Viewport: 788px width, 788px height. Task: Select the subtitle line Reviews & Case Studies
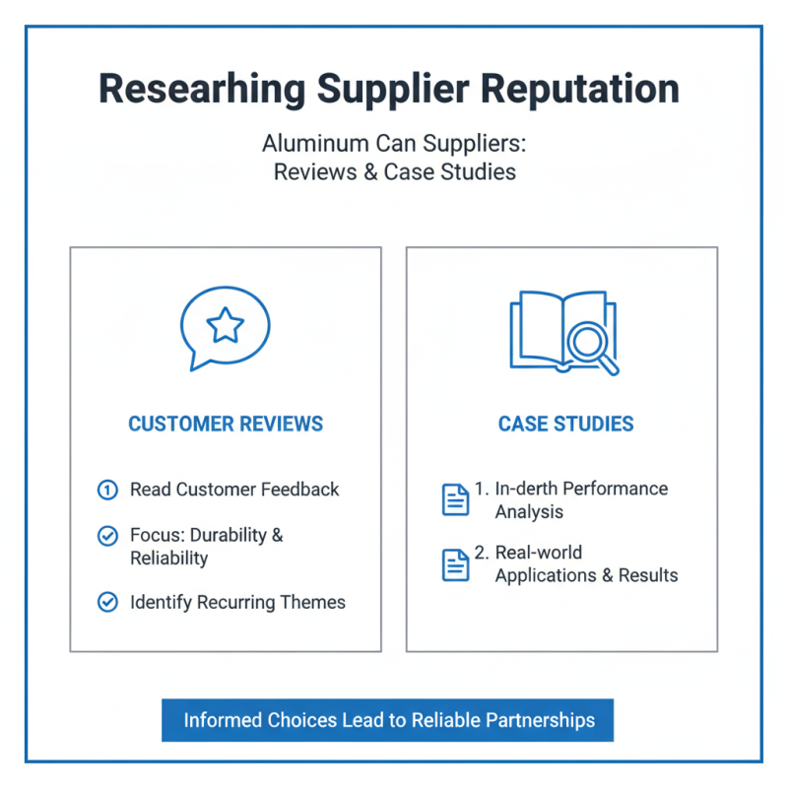(x=394, y=171)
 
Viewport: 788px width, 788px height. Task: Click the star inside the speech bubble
(x=226, y=325)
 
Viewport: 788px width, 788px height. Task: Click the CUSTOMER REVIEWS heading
(x=226, y=425)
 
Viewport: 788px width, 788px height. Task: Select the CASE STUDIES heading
(x=565, y=425)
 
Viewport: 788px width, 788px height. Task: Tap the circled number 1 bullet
(x=107, y=490)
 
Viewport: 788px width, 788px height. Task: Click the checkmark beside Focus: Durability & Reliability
(x=107, y=536)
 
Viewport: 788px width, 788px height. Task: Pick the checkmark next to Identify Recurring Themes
(x=107, y=602)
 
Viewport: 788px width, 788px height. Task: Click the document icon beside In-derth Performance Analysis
(x=455, y=499)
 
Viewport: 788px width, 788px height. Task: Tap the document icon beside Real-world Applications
(x=455, y=564)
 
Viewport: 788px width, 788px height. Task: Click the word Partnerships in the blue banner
(x=541, y=720)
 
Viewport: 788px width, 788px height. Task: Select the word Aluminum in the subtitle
(x=304, y=144)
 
